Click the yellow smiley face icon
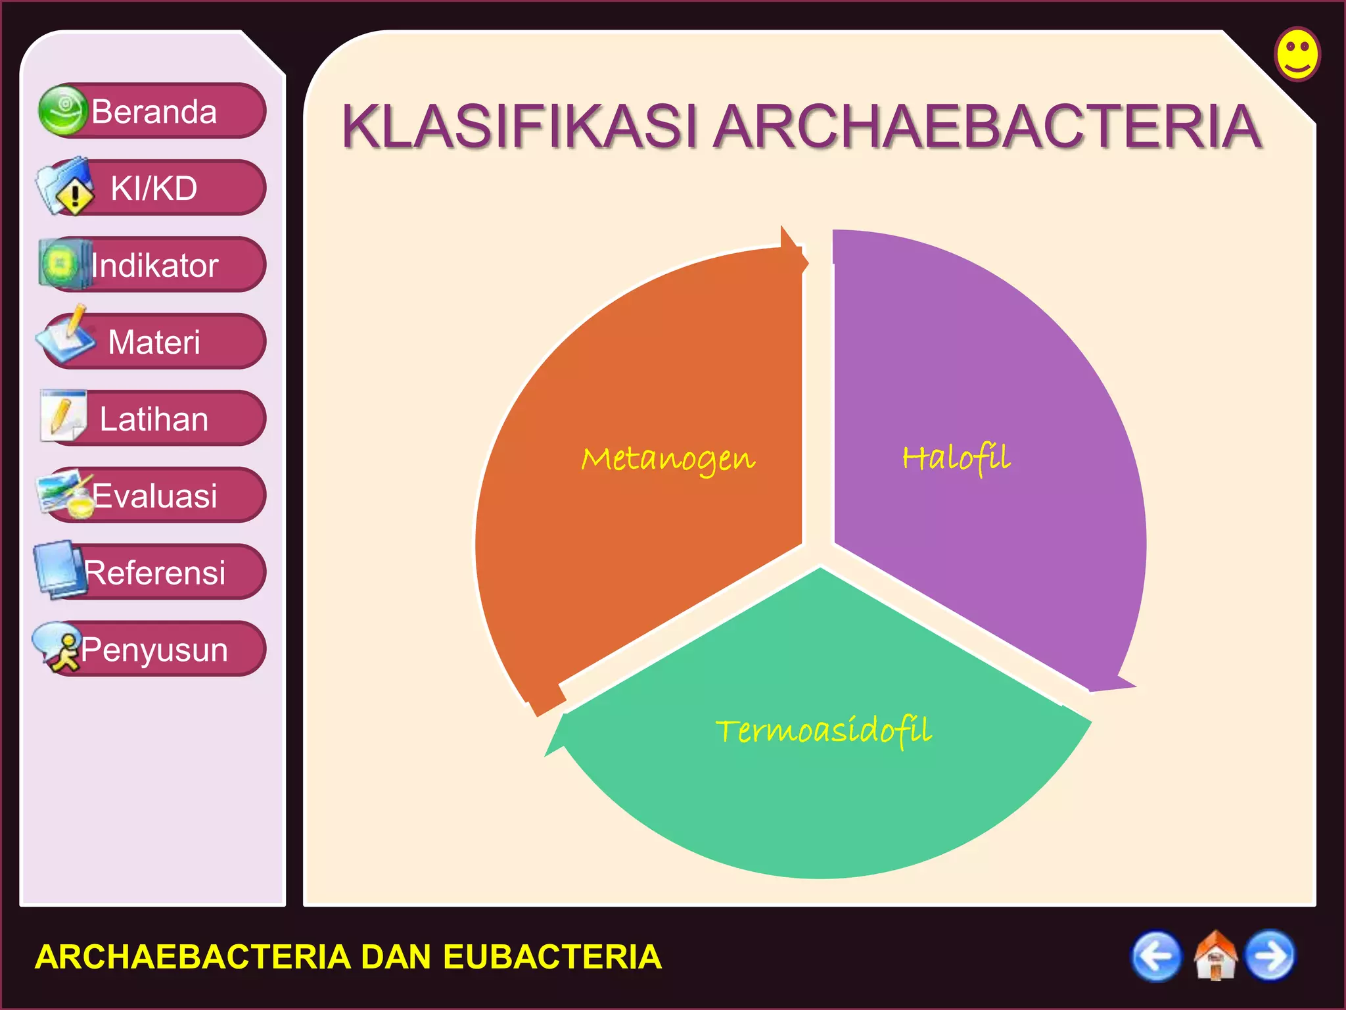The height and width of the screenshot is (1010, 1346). tap(1297, 54)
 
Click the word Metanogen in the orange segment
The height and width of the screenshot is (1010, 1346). tap(668, 458)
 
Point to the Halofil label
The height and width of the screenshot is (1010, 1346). tap(956, 457)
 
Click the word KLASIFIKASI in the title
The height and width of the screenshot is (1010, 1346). tap(519, 126)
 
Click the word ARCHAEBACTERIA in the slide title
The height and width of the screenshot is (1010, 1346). tap(988, 126)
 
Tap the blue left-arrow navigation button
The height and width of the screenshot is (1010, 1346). tap(1156, 956)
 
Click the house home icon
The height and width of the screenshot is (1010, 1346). tap(1215, 956)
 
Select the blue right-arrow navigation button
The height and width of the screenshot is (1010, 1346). tap(1271, 956)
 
